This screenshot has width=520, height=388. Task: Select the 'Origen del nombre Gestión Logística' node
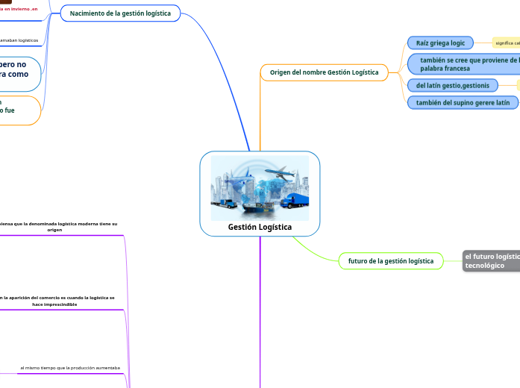(324, 72)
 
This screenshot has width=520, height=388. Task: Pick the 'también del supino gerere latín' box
(463, 102)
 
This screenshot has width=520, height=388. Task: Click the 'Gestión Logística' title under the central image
(260, 227)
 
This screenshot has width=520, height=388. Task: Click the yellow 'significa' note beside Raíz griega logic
(507, 43)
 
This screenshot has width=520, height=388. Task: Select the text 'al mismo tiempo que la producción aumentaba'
(70, 368)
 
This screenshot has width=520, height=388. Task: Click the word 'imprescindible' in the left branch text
(54, 304)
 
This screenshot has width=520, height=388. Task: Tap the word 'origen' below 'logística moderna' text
(54, 230)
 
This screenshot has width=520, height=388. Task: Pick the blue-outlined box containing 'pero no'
(18, 69)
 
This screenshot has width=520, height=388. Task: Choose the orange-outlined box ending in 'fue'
(18, 106)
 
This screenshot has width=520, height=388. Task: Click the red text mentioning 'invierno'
(19, 9)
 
